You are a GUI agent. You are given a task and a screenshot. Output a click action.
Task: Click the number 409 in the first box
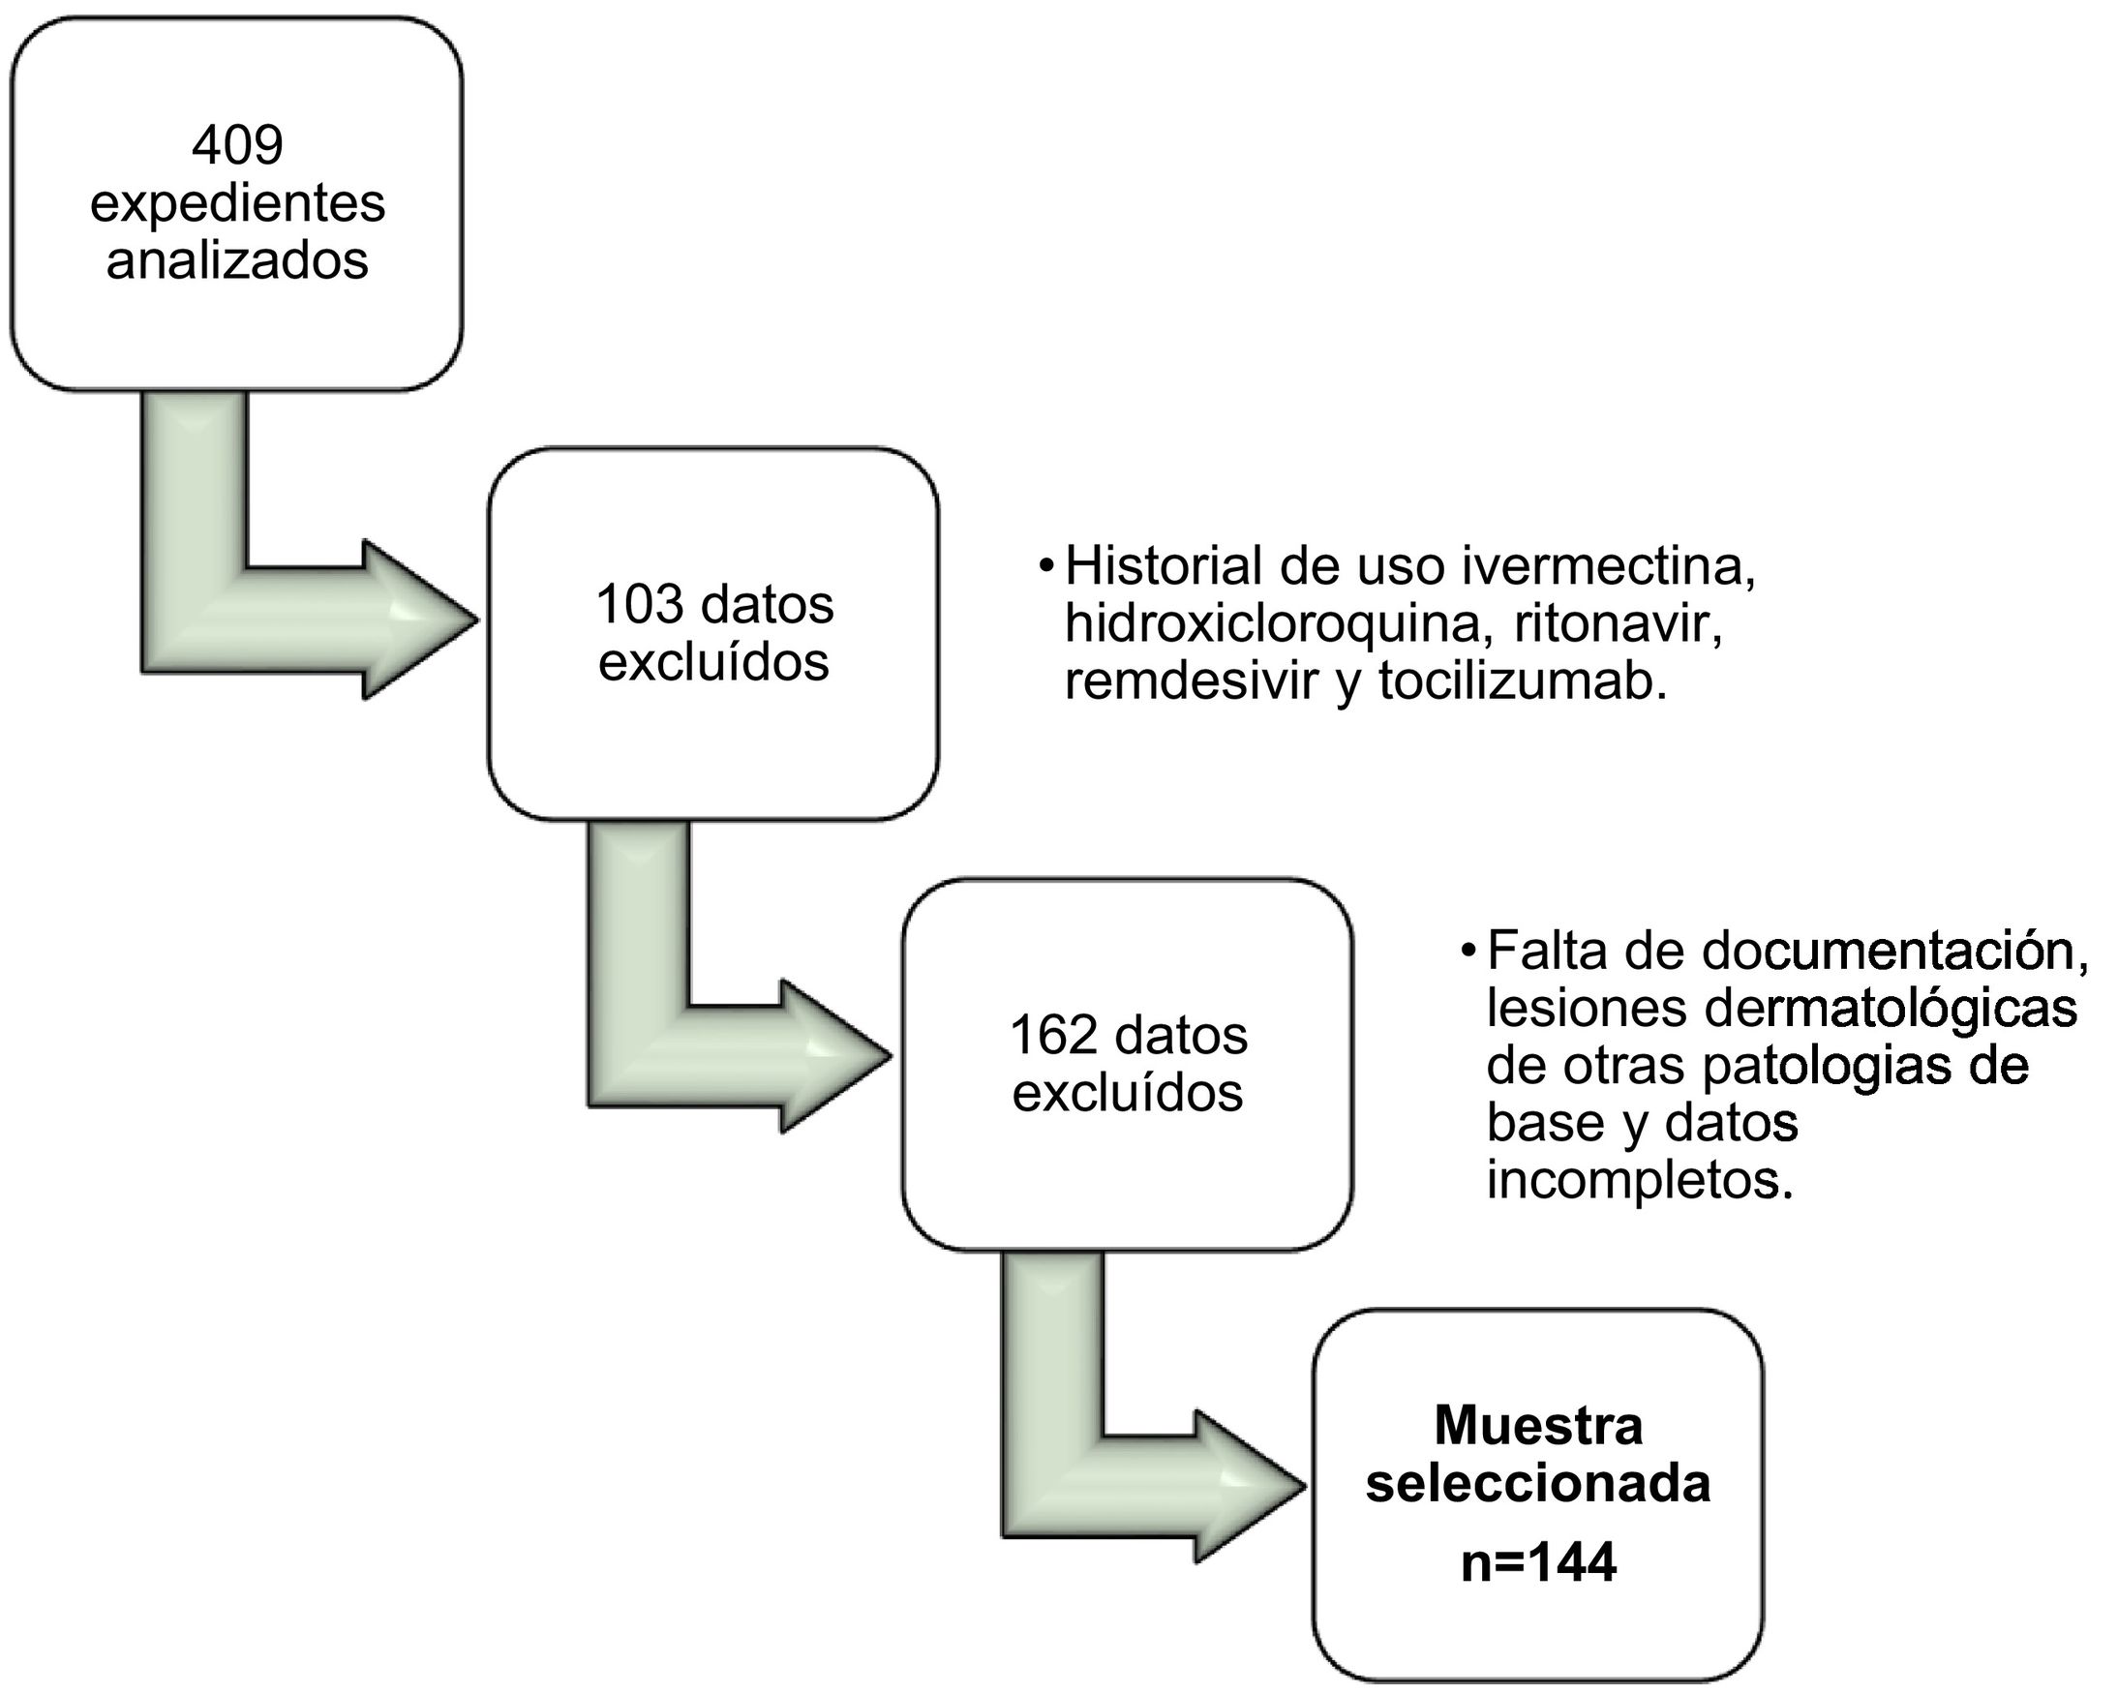pos(237,145)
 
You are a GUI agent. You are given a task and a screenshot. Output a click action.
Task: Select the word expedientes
pos(237,203)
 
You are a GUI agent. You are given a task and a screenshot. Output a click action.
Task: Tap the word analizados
pos(237,260)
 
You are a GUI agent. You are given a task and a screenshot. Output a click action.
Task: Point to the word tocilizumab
pos(1522,681)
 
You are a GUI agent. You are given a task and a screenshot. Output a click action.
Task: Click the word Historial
pos(1164,567)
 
